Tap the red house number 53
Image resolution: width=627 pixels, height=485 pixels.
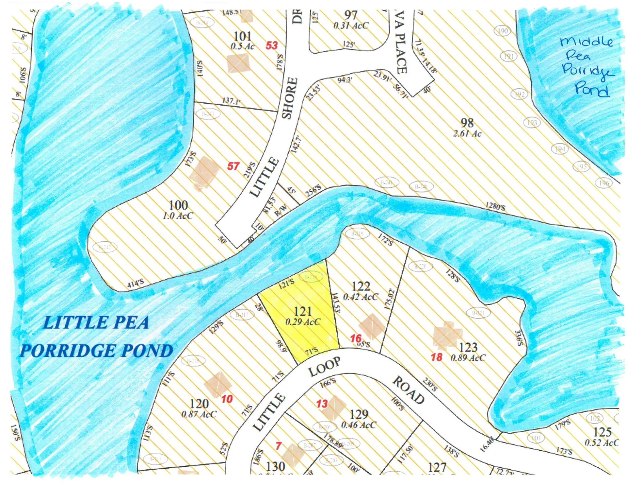click(x=271, y=45)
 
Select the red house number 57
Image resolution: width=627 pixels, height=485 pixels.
click(x=233, y=166)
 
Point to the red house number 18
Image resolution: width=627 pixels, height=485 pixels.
click(x=437, y=357)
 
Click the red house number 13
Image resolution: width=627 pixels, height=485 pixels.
click(x=322, y=404)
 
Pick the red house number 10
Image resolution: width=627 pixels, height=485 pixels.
click(x=227, y=399)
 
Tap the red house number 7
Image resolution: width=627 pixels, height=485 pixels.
click(x=278, y=446)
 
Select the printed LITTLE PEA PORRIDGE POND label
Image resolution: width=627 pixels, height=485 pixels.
click(x=96, y=337)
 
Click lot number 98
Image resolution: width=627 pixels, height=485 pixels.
click(x=467, y=123)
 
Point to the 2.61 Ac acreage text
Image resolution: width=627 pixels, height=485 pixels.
click(x=467, y=133)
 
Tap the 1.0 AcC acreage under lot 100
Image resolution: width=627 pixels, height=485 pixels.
click(x=178, y=216)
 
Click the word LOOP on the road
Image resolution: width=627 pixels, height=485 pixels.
click(x=324, y=367)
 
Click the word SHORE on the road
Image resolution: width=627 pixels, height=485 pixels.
click(x=290, y=98)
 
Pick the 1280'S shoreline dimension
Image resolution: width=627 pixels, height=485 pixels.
click(x=495, y=206)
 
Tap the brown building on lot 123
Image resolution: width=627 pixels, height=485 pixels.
click(x=447, y=335)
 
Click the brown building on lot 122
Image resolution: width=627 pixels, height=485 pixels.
click(x=371, y=326)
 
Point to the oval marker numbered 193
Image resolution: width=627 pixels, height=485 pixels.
click(x=532, y=123)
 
